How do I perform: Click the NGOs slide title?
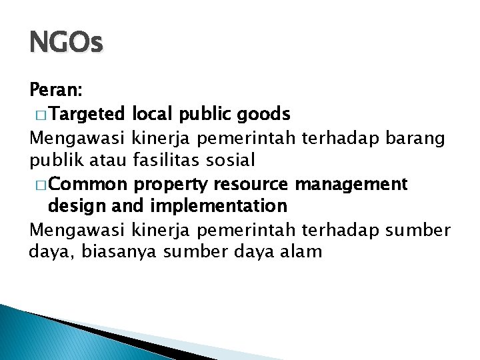[x=66, y=44]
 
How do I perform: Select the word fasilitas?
[x=169, y=160]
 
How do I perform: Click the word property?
[x=165, y=183]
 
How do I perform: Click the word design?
[x=73, y=205]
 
